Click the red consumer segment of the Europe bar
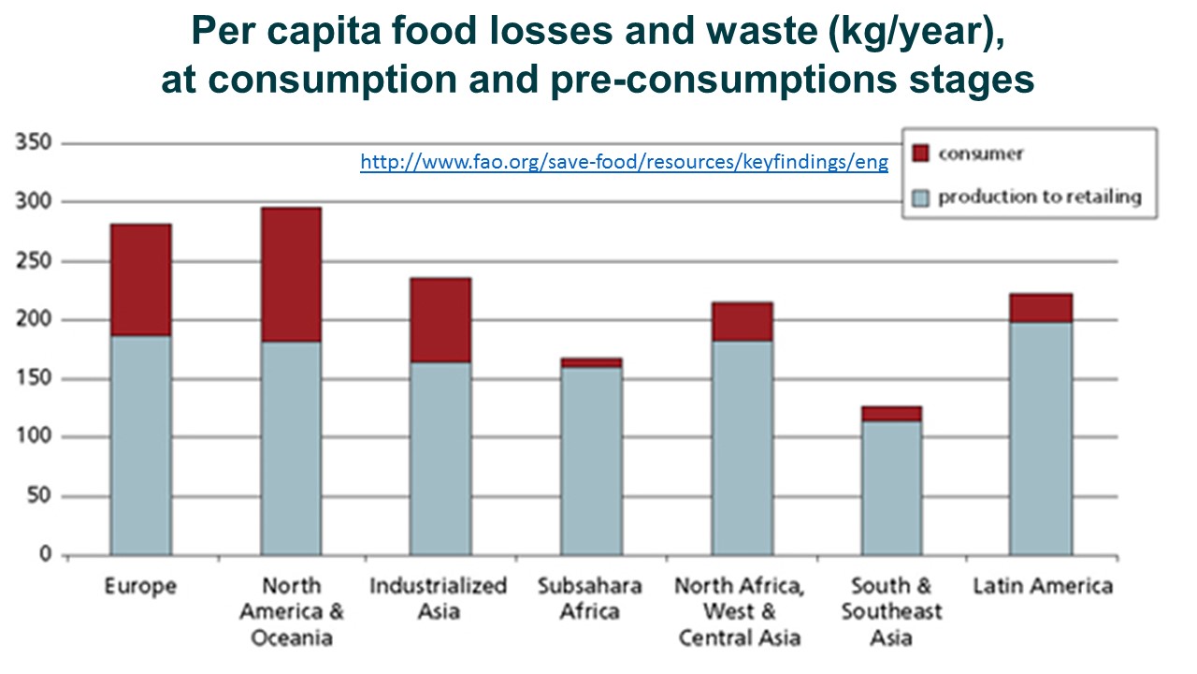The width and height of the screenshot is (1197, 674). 140,279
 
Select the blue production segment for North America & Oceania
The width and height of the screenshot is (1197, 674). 290,447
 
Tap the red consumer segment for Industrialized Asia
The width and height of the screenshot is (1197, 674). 440,319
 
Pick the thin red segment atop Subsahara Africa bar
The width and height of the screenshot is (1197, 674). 591,362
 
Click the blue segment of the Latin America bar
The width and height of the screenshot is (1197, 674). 1040,438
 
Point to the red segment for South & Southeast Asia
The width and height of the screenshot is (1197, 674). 891,413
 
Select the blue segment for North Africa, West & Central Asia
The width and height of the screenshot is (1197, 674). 742,447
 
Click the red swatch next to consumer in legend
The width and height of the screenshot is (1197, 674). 921,154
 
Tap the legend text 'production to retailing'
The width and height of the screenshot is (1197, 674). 1040,197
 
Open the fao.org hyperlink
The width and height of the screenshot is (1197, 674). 624,163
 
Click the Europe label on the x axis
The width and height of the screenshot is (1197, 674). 140,586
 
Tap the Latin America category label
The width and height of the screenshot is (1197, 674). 1043,586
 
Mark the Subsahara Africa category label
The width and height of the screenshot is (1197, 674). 590,599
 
